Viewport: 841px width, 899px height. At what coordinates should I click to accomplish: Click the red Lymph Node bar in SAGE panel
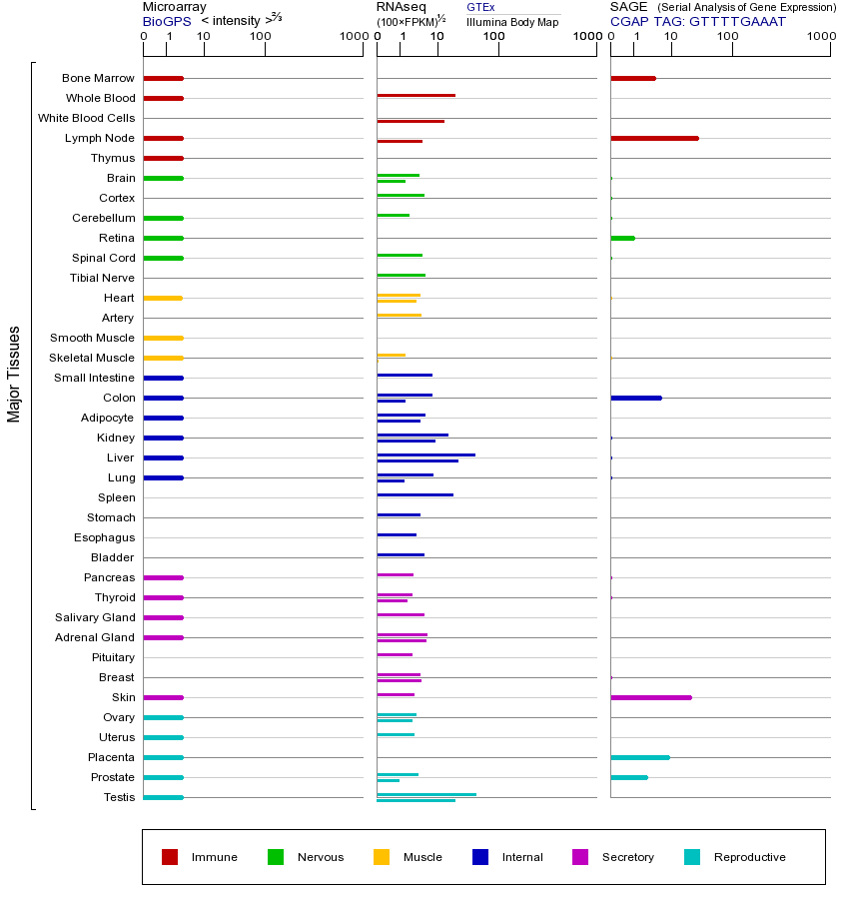654,138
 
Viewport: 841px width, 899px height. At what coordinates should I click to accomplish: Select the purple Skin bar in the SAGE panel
650,697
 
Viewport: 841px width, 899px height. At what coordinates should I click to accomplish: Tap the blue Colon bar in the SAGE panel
635,398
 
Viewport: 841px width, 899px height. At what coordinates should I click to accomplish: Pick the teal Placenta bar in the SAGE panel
639,757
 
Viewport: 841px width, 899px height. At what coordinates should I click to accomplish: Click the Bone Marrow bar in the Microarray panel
163,78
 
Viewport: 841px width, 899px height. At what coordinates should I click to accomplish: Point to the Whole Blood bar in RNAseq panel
416,96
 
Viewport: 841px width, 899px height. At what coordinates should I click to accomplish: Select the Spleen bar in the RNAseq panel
415,494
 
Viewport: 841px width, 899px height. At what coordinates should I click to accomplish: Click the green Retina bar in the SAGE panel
622,238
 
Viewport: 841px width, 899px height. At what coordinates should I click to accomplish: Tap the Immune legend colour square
170,857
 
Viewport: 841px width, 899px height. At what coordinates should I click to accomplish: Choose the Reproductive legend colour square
692,857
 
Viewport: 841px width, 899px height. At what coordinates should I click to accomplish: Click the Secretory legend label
627,857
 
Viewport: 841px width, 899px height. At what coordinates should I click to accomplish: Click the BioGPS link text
165,21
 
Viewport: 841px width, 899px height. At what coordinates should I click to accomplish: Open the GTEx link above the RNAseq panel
480,7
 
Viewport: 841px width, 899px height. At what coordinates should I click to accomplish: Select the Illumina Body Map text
512,22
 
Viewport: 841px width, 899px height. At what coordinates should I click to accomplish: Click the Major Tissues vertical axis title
14,373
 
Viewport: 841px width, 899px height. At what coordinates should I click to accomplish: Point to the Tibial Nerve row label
102,278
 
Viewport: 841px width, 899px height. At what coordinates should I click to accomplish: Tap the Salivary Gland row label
95,617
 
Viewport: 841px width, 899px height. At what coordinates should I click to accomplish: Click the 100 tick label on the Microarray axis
261,37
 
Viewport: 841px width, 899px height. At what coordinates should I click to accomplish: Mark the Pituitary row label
113,657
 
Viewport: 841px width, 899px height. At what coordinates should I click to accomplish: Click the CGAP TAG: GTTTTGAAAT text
697,21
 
